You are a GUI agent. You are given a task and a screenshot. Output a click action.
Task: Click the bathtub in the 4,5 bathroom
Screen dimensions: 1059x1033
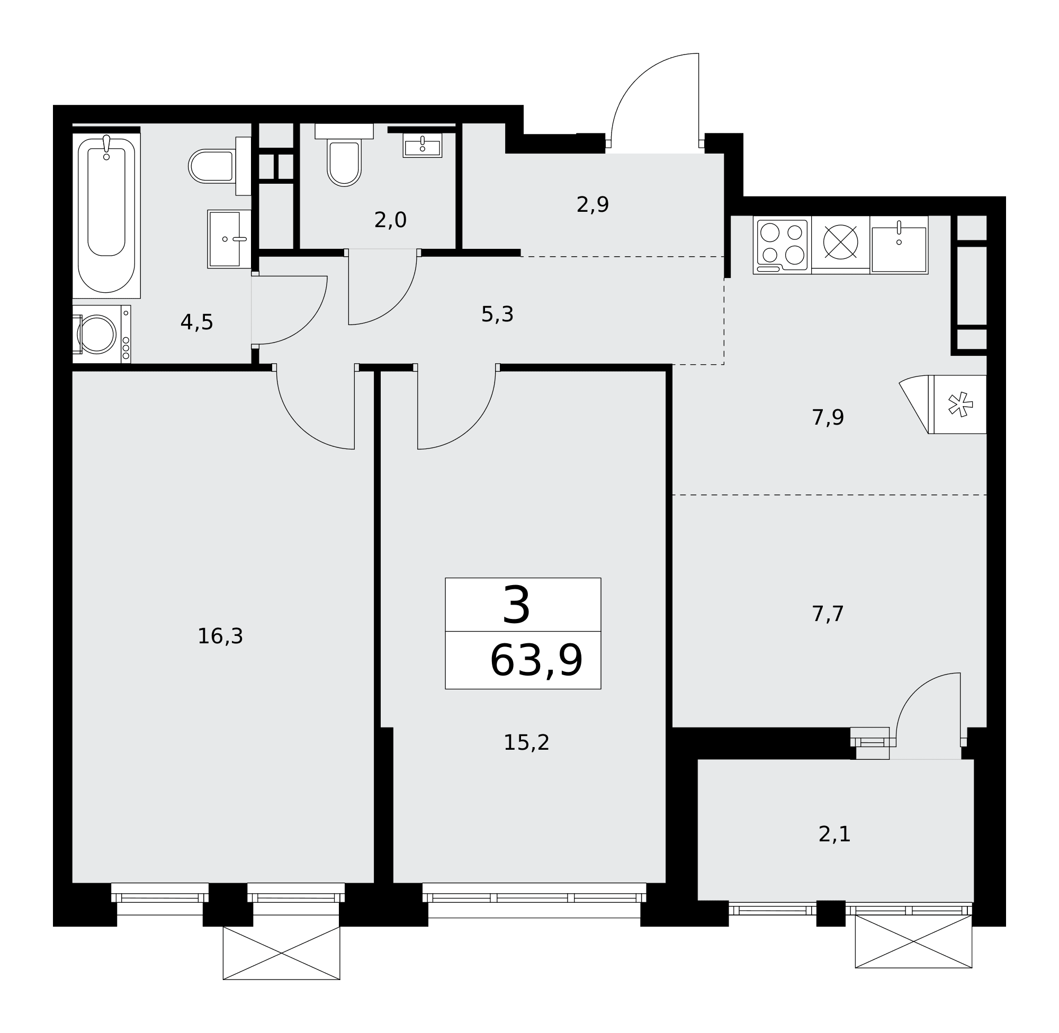(106, 215)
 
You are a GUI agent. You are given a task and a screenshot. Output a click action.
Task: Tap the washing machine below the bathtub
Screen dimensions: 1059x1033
(102, 334)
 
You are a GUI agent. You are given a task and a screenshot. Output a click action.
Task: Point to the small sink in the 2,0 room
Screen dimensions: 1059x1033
(423, 146)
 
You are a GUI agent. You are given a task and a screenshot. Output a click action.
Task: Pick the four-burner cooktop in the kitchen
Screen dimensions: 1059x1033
(782, 245)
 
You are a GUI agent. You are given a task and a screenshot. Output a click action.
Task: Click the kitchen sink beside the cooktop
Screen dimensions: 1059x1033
(899, 245)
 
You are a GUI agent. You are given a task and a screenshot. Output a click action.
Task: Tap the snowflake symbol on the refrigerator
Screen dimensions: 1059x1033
(959, 404)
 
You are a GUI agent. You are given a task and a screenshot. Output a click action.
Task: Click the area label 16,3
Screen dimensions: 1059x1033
(220, 636)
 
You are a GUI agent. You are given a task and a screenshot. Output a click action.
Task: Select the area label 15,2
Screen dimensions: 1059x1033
(527, 743)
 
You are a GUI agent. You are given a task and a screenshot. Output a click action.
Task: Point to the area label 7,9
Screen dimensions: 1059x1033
(829, 418)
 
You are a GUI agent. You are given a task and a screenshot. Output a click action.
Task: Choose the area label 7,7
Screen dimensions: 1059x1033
(829, 614)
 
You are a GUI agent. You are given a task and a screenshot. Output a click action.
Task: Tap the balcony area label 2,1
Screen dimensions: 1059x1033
(834, 834)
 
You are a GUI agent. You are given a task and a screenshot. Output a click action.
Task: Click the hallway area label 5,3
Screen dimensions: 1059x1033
(498, 314)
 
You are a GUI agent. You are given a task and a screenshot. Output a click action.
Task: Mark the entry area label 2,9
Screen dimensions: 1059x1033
(593, 204)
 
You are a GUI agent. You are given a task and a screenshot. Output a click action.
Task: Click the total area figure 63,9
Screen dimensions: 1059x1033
(536, 660)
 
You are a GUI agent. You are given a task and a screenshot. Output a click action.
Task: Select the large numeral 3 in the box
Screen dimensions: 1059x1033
(516, 605)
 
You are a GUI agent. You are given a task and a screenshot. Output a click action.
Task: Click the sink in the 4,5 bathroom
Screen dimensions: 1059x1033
(229, 239)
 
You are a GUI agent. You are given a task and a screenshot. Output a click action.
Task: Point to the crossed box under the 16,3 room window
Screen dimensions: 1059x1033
(282, 953)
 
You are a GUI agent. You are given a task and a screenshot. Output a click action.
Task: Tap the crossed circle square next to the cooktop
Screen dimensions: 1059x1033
(841, 242)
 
